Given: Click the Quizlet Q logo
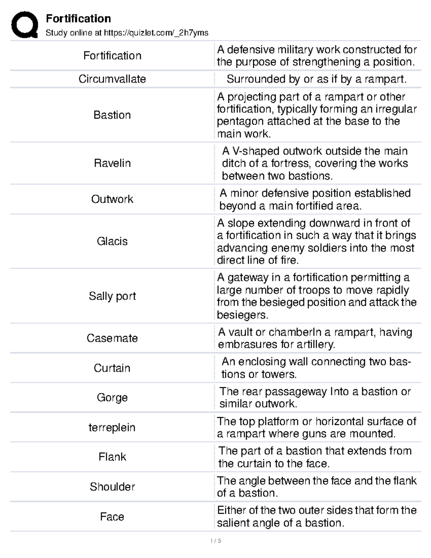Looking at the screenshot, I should [x=24, y=24].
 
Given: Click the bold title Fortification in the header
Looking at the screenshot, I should [x=78, y=18].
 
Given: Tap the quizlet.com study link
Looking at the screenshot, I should [x=156, y=33].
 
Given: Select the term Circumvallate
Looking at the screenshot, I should [x=112, y=79].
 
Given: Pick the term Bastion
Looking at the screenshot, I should [x=112, y=115].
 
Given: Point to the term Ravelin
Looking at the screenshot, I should [x=112, y=163].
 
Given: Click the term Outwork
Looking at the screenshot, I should [x=112, y=199].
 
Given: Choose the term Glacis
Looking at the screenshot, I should [x=112, y=241].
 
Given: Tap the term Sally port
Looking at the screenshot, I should [x=112, y=296].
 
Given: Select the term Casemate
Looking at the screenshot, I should [x=112, y=338].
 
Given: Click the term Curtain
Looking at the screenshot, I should [x=112, y=368].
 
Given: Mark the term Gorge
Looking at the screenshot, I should [x=112, y=397].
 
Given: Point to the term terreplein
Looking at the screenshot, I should [x=112, y=428].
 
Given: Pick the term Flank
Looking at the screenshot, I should [x=112, y=457].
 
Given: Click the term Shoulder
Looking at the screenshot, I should [x=112, y=487].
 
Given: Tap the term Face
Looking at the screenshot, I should [x=112, y=517].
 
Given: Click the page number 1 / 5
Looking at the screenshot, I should [x=215, y=541].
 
